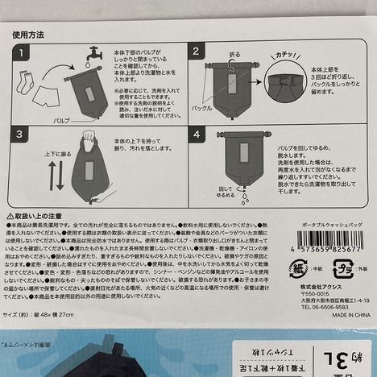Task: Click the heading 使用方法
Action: [x=28, y=36]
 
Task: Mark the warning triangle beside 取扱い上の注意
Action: [x=10, y=218]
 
